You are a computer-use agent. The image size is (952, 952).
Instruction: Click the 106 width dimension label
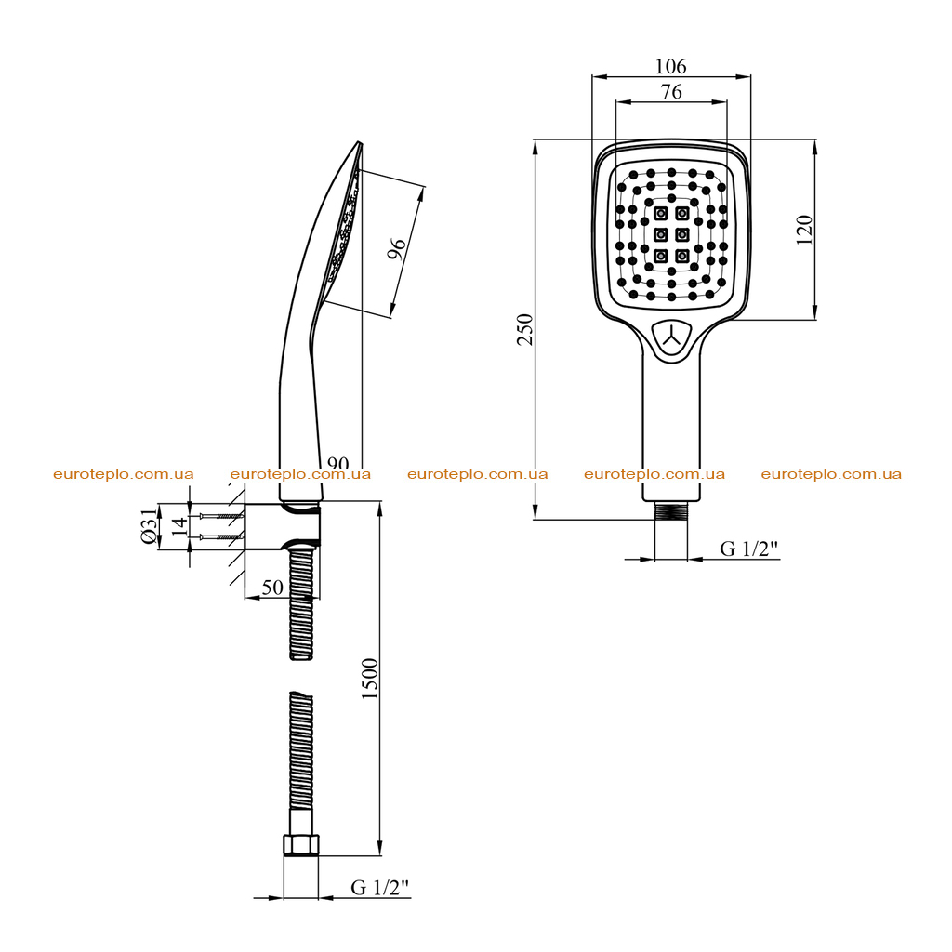[x=671, y=66]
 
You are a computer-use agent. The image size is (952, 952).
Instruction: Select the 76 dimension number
[x=671, y=92]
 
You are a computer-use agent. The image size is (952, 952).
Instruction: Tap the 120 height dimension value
[x=804, y=230]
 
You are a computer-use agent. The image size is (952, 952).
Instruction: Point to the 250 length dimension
[x=524, y=330]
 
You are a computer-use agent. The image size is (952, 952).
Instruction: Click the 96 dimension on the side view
[x=396, y=248]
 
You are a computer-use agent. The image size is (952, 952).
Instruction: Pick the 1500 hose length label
[x=369, y=678]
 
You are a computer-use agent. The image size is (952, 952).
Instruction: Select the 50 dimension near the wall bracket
[x=272, y=588]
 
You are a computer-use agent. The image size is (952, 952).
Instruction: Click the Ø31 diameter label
[x=150, y=526]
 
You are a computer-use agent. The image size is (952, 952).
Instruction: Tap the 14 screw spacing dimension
[x=179, y=526]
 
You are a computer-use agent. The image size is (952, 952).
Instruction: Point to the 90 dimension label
[x=337, y=463]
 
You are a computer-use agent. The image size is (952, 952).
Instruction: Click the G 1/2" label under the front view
[x=748, y=549]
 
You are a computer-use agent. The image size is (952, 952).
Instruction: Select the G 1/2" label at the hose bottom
[x=380, y=888]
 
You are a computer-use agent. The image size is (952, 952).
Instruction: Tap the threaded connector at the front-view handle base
[x=671, y=510]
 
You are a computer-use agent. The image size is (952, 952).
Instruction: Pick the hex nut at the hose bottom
[x=301, y=845]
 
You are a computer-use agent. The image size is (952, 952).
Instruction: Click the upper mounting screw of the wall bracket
[x=221, y=516]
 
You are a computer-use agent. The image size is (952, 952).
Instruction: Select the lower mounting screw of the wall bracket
[x=221, y=536]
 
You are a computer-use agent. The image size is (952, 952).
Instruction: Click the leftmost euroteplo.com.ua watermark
[x=124, y=474]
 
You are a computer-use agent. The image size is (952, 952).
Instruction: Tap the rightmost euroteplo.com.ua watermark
[x=831, y=474]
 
